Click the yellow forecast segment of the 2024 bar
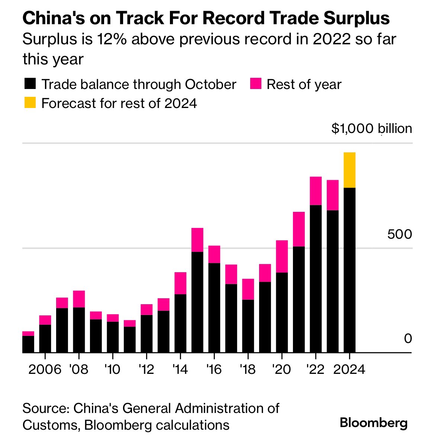[349, 170]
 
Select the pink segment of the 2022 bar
[315, 191]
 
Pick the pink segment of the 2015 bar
[197, 240]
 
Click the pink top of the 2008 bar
[79, 299]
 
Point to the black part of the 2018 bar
[248, 326]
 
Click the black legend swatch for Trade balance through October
[30, 84]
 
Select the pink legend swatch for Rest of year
[255, 84]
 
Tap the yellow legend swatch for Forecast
[30, 102]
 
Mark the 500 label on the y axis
[399, 235]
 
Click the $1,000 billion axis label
[371, 129]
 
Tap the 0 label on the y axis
[408, 338]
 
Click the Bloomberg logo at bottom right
[374, 423]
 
